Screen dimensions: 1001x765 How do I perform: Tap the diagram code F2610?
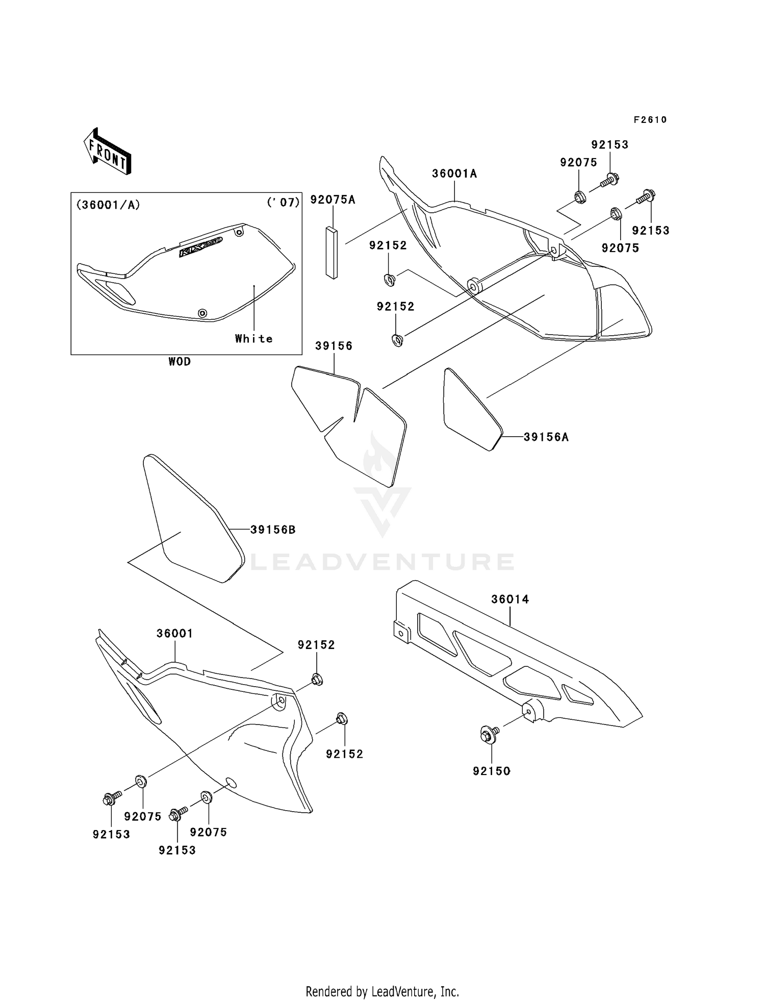tap(650, 120)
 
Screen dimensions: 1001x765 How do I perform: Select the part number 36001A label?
tap(454, 174)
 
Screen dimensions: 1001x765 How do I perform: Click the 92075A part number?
tap(333, 199)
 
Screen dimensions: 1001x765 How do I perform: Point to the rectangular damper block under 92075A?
tap(331, 253)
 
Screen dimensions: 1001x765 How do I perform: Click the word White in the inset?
tap(253, 339)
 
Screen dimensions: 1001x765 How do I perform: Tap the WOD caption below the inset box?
tap(180, 362)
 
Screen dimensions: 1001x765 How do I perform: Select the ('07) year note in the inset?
tap(283, 203)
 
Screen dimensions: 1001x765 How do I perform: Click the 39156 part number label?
tap(334, 346)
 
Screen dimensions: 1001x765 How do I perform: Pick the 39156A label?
tap(546, 437)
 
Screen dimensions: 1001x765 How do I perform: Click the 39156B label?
tap(273, 530)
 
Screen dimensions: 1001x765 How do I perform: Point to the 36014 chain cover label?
tap(510, 599)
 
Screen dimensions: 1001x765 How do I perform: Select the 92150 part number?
tap(491, 771)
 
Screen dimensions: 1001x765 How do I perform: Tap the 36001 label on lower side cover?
tap(174, 634)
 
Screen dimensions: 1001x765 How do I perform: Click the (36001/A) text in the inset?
tap(108, 205)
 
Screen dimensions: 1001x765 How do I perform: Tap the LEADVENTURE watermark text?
tap(382, 562)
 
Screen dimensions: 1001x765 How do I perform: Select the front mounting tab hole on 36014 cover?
tap(401, 633)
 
